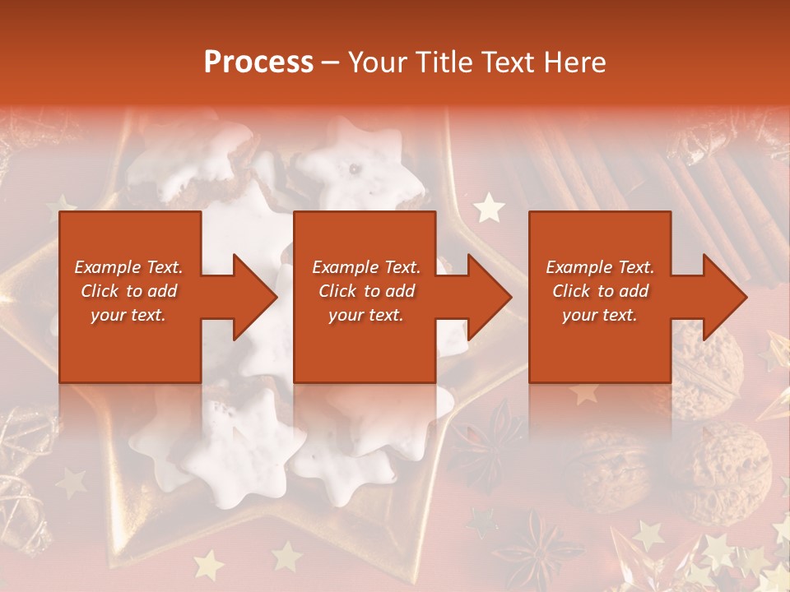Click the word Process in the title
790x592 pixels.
pyautogui.click(x=258, y=62)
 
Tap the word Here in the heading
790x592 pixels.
pyautogui.click(x=574, y=62)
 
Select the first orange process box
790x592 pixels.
pyautogui.click(x=130, y=297)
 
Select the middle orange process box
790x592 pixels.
pyautogui.click(x=365, y=297)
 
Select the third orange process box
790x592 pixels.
pyautogui.click(x=599, y=297)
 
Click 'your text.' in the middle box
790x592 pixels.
pyautogui.click(x=366, y=315)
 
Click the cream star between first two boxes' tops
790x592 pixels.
pyautogui.click(x=490, y=207)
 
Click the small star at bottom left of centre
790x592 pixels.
pyautogui.click(x=209, y=565)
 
